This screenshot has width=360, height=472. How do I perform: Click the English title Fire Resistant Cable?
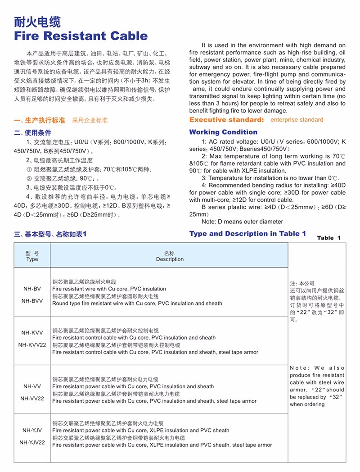81,36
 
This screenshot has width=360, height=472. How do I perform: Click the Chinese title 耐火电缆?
37,21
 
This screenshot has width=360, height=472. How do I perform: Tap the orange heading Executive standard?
226,120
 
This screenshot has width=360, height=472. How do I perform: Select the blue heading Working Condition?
223,132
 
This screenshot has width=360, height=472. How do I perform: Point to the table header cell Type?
32,259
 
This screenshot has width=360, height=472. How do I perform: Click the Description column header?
170,259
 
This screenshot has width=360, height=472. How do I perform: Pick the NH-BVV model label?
32,301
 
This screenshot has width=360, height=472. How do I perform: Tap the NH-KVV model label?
32,333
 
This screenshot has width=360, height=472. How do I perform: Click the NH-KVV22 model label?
32,345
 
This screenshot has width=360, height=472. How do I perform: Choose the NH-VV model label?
32,386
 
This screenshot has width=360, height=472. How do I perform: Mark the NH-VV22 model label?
32,398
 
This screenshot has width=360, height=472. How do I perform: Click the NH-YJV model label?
32,430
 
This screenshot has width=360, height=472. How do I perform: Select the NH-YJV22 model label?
32,442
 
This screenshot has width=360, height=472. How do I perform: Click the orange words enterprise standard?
297,120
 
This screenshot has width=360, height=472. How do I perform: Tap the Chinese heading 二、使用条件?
32,133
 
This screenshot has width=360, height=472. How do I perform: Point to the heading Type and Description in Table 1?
247,233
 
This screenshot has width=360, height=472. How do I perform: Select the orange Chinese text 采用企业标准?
90,121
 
